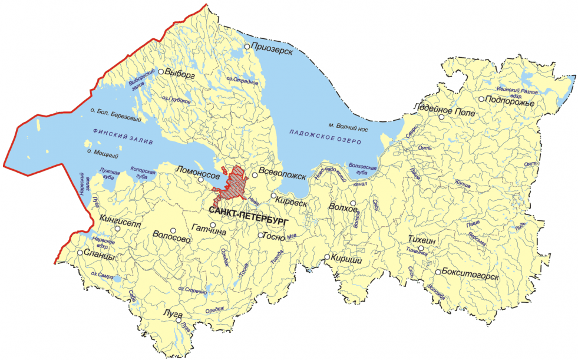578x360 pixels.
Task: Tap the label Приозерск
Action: click(x=272, y=46)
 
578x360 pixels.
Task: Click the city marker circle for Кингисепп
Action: click(x=118, y=229)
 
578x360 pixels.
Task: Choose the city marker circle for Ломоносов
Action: click(x=201, y=179)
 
